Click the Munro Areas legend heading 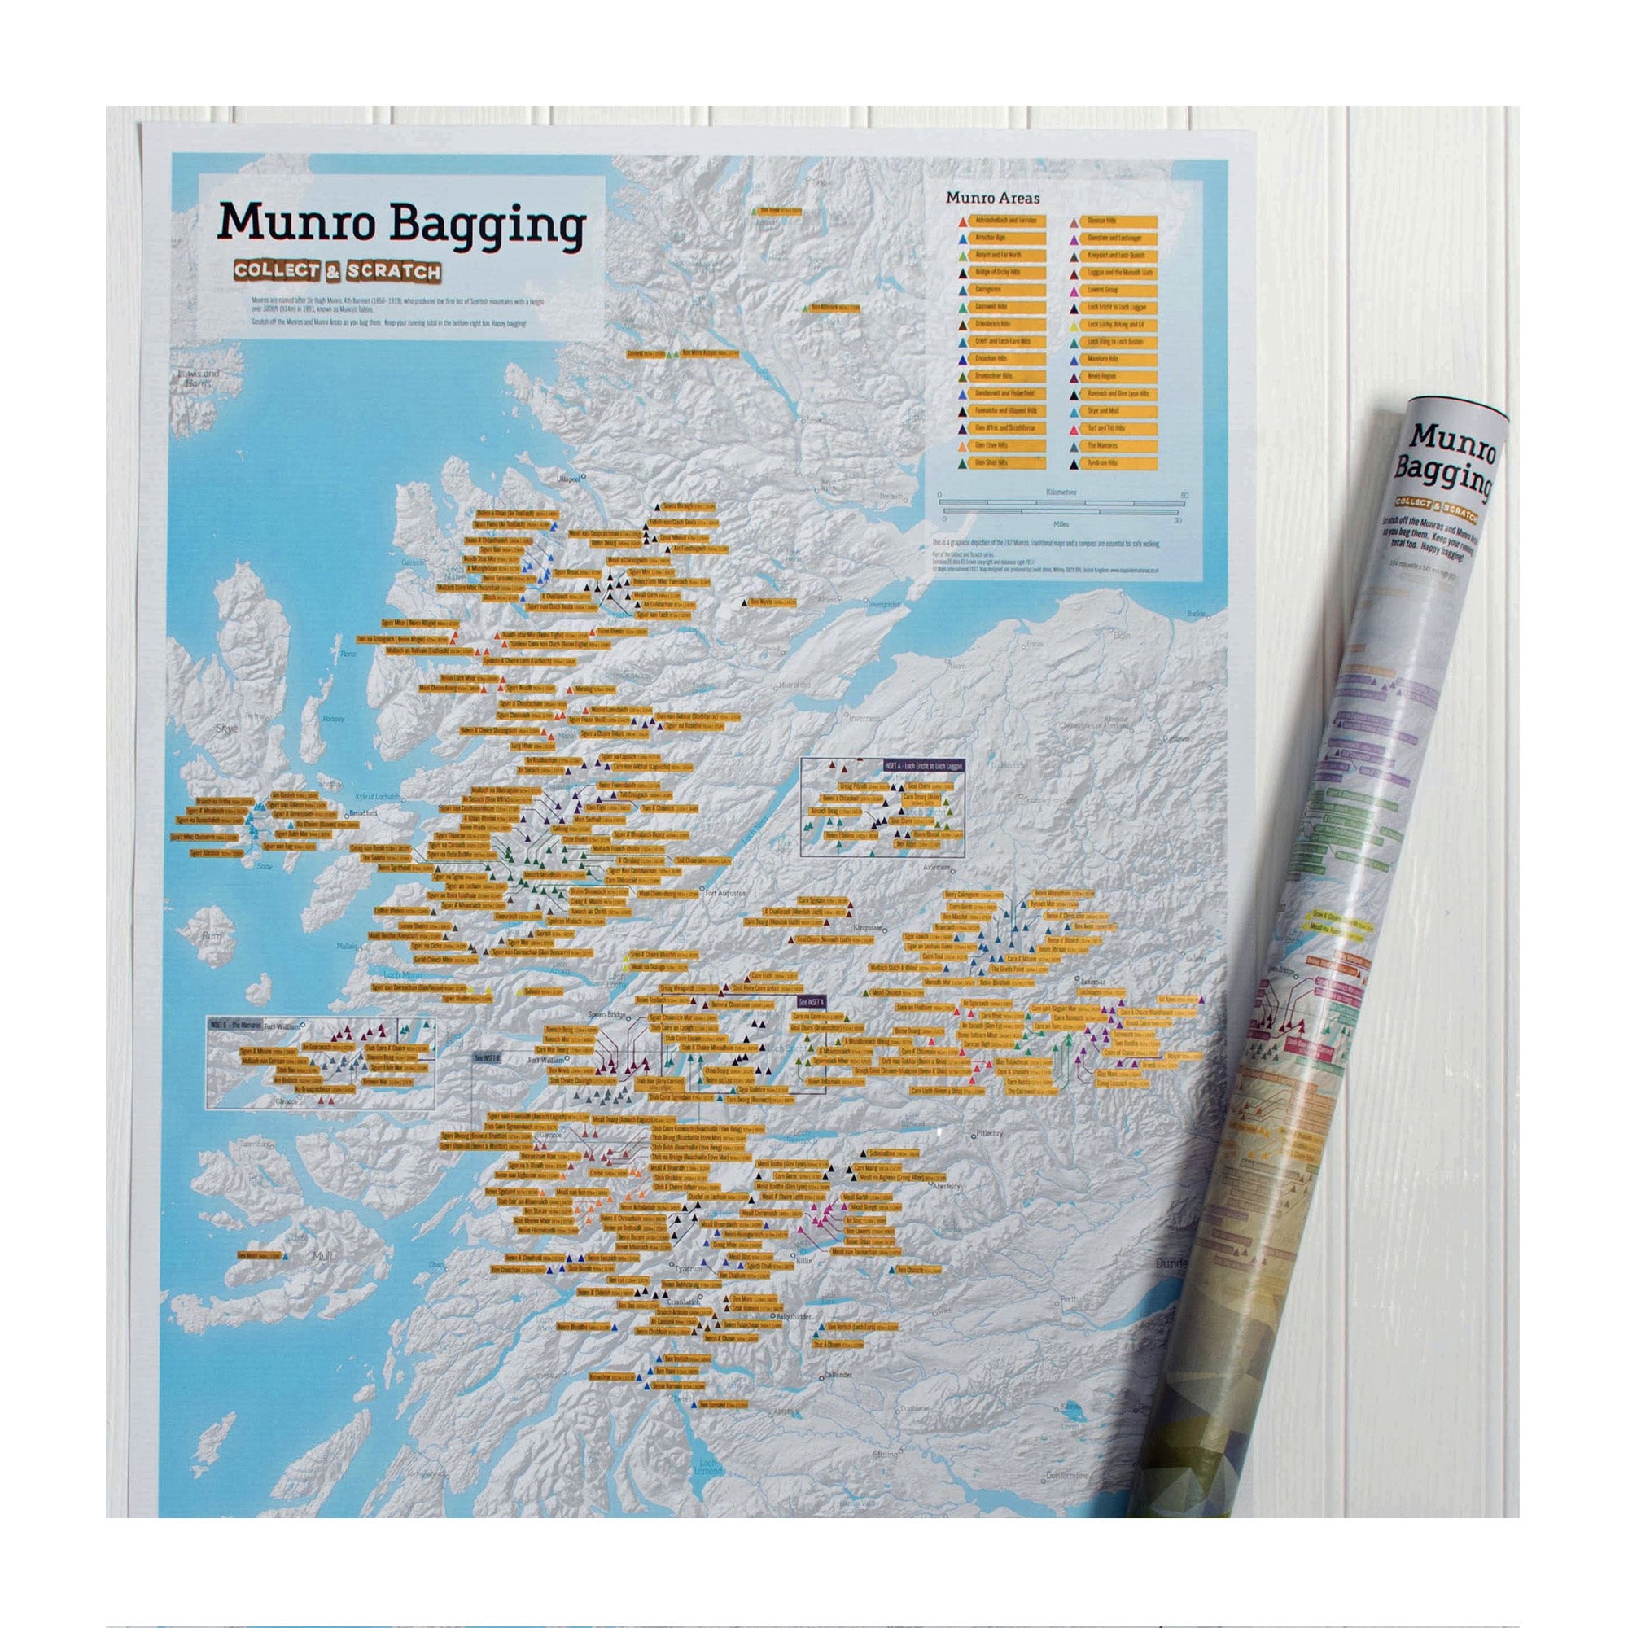coord(991,199)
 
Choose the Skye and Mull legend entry coord(1103,410)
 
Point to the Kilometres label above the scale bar coord(1061,492)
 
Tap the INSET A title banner coord(922,764)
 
